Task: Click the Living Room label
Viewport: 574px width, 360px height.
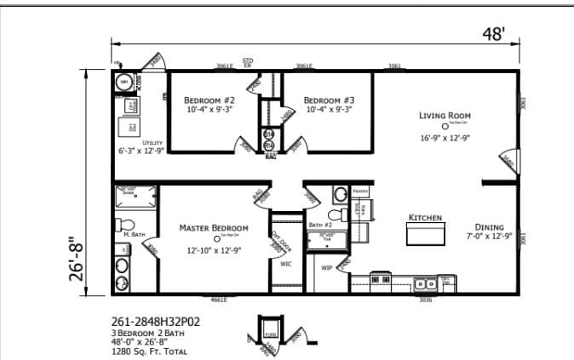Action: coord(445,116)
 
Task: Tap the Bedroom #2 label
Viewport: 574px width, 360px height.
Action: coord(210,100)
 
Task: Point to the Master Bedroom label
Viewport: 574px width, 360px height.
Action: coord(214,228)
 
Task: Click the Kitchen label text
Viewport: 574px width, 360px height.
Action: coord(426,218)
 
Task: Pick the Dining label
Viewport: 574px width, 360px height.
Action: coord(489,227)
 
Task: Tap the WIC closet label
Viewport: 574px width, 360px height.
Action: coord(286,264)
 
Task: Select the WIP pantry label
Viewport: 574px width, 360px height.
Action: coord(326,268)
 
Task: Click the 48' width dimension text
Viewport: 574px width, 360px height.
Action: coord(494,34)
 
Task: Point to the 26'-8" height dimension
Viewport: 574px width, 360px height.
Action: coord(77,258)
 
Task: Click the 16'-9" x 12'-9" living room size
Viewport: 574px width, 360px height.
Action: coord(445,138)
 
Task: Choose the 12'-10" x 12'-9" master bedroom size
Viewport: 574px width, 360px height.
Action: coord(214,250)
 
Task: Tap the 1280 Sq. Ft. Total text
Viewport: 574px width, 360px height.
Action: coord(149,351)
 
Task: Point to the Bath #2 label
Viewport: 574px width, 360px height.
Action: coord(320,225)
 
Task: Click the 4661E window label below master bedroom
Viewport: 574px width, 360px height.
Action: coord(219,300)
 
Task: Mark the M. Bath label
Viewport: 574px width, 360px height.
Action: coord(131,234)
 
